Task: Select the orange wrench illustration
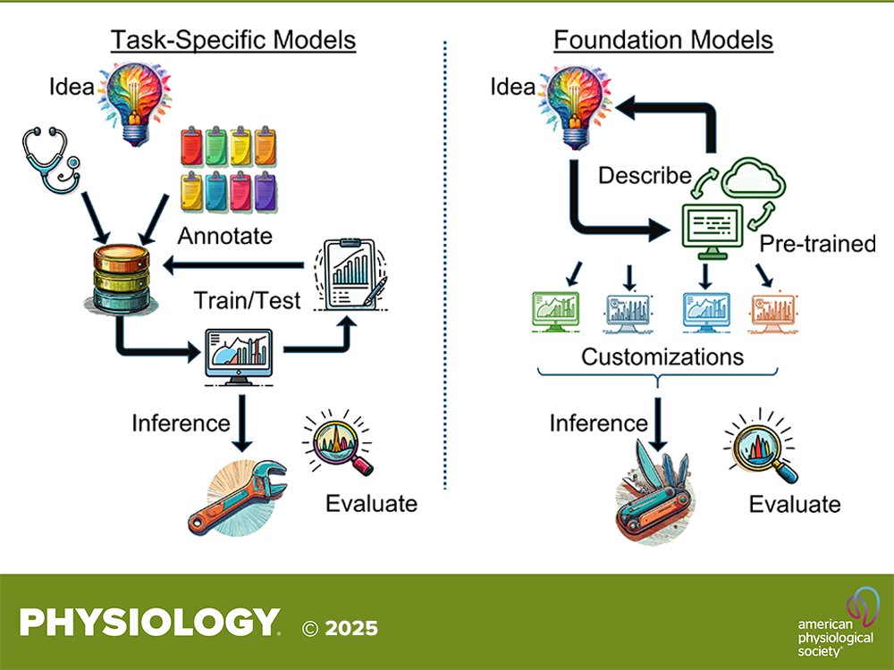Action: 238,496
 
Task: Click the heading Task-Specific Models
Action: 232,40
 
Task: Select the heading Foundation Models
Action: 662,40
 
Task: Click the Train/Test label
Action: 249,300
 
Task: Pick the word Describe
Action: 645,176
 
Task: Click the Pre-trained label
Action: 817,244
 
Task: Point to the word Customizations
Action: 662,357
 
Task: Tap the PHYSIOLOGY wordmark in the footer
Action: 148,623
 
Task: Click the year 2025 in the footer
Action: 350,628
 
